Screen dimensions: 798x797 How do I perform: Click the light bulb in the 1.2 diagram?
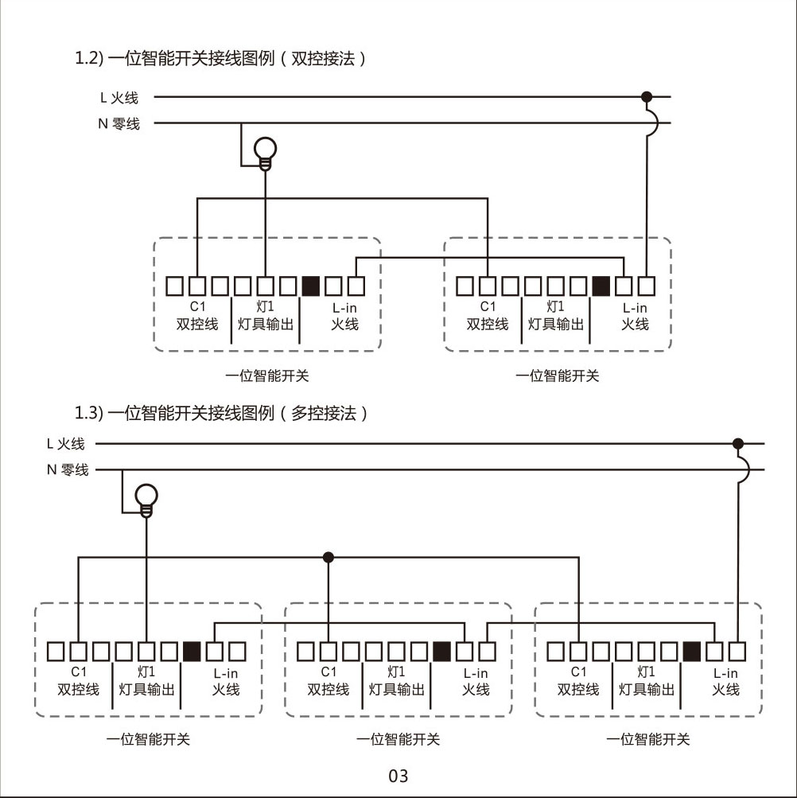click(x=265, y=150)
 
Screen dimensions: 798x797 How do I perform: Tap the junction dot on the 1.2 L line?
click(x=647, y=97)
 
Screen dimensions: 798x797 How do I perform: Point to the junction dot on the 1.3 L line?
click(x=738, y=443)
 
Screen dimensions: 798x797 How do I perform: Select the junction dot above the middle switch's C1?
click(x=329, y=557)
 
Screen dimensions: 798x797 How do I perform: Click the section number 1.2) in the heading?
click(x=88, y=58)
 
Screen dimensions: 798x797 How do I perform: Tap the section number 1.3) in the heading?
click(x=88, y=413)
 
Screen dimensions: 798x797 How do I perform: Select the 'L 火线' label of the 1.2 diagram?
click(x=119, y=98)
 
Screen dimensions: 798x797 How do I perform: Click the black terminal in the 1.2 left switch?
click(x=311, y=285)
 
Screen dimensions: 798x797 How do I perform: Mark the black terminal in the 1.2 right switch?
click(x=602, y=285)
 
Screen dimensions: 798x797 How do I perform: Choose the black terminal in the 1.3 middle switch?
click(x=442, y=651)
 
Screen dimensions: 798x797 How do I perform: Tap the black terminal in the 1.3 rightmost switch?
click(x=693, y=651)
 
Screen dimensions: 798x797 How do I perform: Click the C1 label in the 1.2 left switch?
click(x=197, y=307)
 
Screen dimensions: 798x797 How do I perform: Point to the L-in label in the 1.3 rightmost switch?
click(x=725, y=673)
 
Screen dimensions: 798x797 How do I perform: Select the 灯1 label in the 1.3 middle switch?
click(x=396, y=672)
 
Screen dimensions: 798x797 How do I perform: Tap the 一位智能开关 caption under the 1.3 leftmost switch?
click(x=149, y=739)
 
